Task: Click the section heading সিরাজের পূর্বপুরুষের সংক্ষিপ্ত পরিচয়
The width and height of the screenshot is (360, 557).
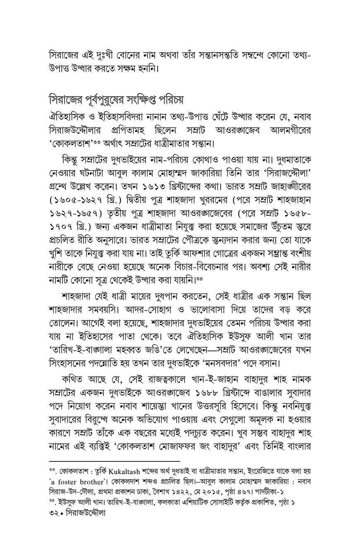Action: point(116,101)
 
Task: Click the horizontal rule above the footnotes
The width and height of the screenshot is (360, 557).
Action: point(114,461)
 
